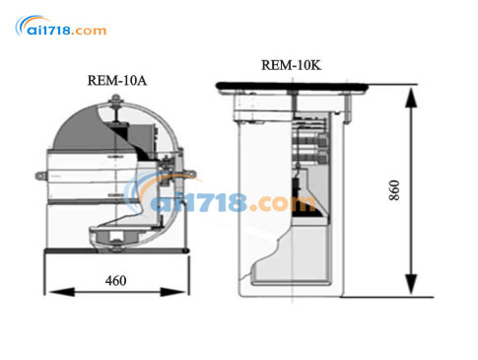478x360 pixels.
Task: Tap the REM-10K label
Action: (x=290, y=65)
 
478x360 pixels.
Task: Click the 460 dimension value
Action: (x=115, y=281)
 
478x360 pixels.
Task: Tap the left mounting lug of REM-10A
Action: (x=40, y=178)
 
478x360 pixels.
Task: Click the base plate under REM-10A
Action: (x=117, y=253)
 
